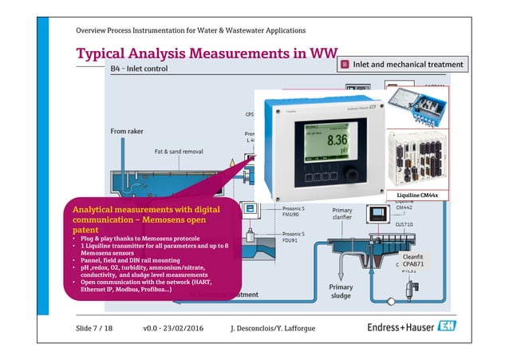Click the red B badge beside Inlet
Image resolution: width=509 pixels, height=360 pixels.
tap(344, 63)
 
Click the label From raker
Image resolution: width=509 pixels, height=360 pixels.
tap(128, 131)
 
